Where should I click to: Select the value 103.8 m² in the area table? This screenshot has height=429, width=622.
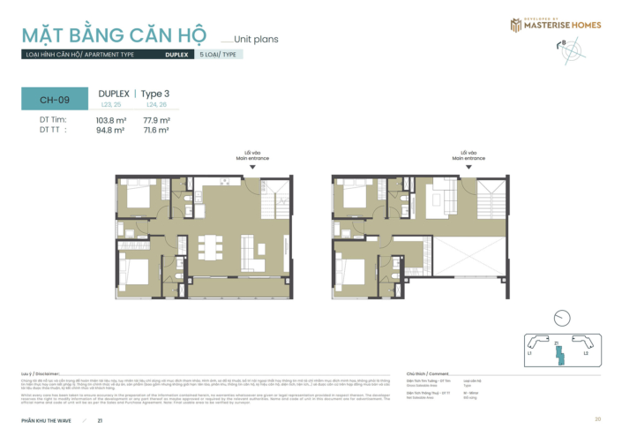[x=110, y=120]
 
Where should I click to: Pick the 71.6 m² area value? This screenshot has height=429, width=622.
[x=156, y=130]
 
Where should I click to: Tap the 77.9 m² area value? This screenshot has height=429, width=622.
[x=156, y=120]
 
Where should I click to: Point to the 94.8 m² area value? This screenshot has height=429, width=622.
[x=110, y=130]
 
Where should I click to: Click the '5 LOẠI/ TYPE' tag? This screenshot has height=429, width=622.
[x=218, y=54]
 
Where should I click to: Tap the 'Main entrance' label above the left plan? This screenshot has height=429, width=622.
[x=252, y=159]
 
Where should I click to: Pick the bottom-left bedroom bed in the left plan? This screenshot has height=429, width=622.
[x=135, y=268]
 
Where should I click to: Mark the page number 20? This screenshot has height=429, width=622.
[x=598, y=418]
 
